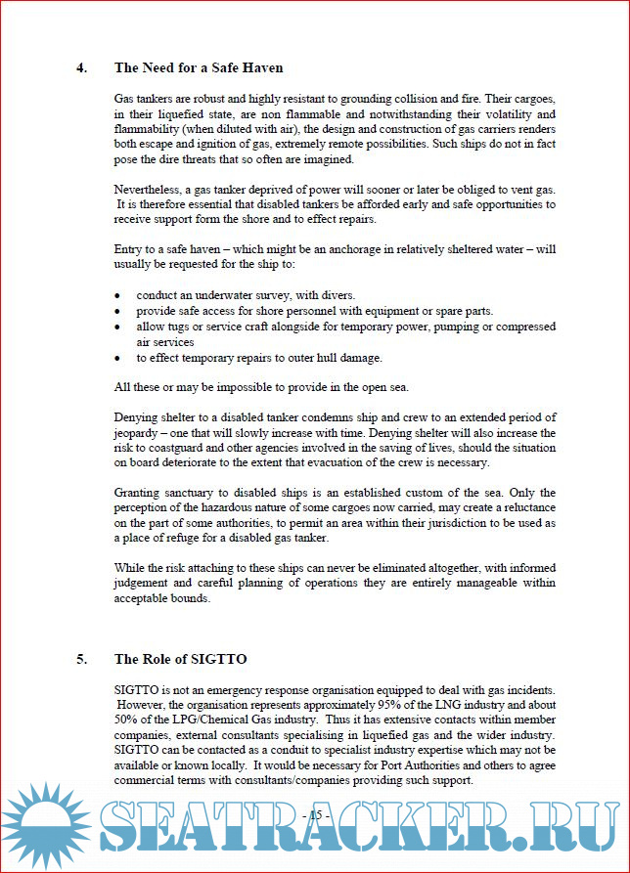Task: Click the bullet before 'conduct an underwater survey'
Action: (118, 295)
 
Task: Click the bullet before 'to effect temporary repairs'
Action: (118, 358)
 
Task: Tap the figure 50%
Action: (128, 720)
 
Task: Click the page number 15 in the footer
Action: (318, 815)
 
